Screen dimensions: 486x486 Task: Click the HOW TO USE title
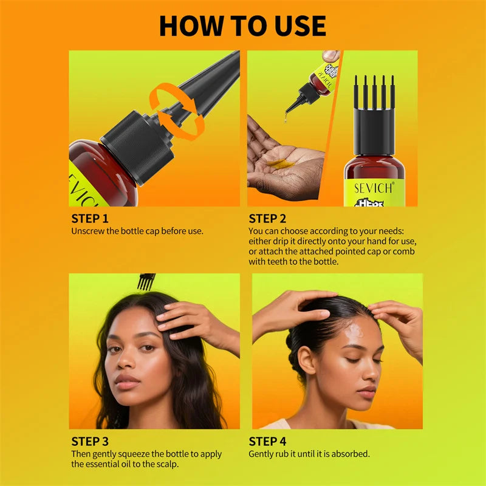[242, 26]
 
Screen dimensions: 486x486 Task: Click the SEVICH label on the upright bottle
[374, 188]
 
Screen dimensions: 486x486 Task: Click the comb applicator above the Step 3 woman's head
[146, 281]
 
